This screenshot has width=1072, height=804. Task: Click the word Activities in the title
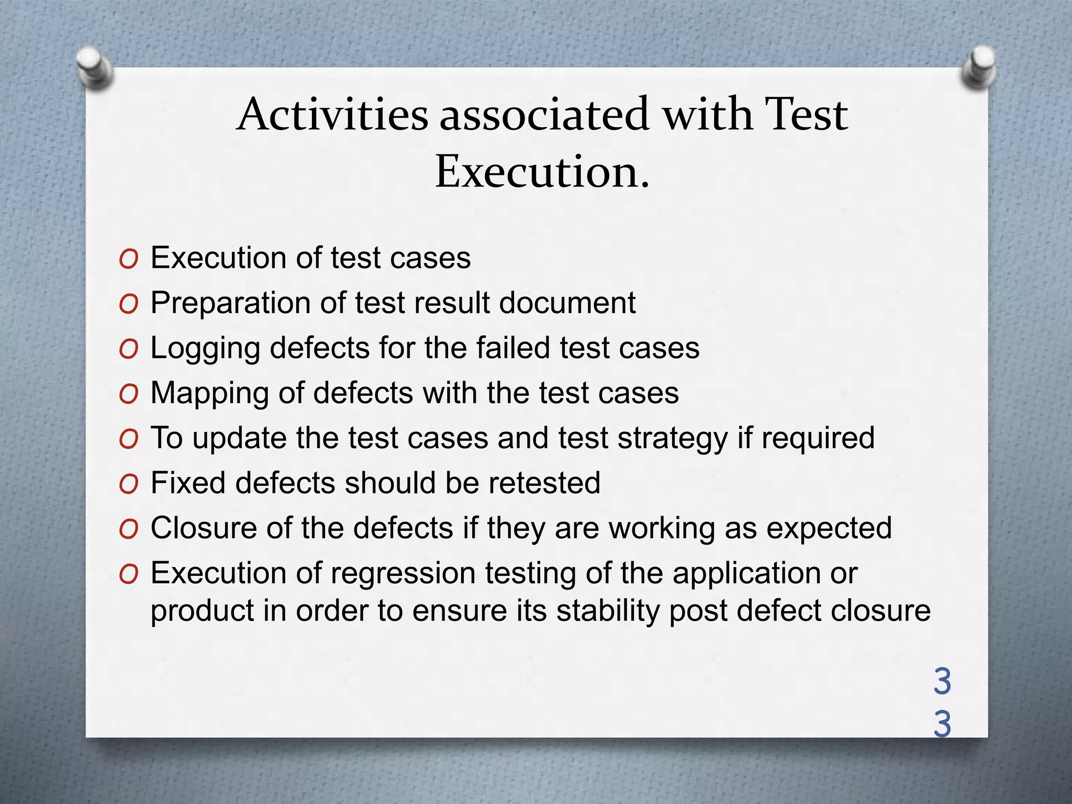tap(332, 114)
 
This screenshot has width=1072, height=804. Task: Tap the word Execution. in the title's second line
tap(542, 171)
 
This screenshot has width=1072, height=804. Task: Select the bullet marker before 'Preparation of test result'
tap(128, 304)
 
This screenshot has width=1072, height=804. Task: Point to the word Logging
tap(205, 349)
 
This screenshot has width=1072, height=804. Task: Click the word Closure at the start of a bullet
tap(204, 528)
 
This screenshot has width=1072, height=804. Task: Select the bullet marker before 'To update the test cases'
tap(128, 439)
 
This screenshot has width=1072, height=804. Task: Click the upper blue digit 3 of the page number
tap(942, 682)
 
